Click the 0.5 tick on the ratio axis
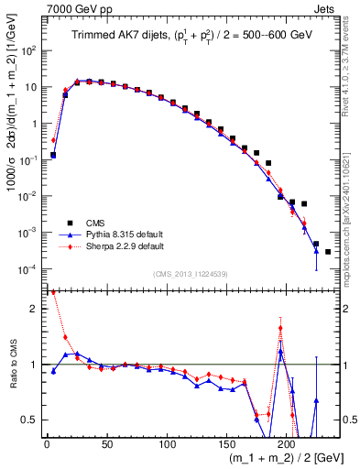pos(31,420)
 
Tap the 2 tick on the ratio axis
pos(35,309)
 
